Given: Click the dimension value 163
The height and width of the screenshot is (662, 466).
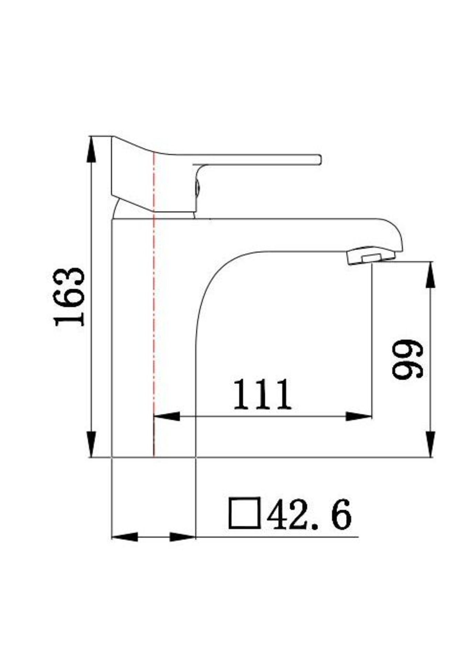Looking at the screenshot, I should pyautogui.click(x=69, y=296).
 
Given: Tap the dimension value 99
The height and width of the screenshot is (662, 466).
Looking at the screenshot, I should pyautogui.click(x=407, y=359).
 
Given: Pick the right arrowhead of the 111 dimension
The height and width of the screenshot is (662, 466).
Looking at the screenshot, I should pyautogui.click(x=359, y=416).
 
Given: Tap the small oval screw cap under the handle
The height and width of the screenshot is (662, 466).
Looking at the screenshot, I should pyautogui.click(x=198, y=189).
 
